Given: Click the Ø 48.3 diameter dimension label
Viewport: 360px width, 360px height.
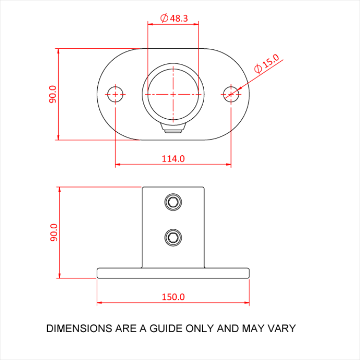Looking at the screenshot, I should pyautogui.click(x=174, y=18).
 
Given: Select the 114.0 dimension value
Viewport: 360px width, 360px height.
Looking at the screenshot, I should pyautogui.click(x=173, y=158).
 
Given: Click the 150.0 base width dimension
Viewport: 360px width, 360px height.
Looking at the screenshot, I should pyautogui.click(x=173, y=297).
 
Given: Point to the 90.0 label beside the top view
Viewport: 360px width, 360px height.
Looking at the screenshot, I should pyautogui.click(x=53, y=94).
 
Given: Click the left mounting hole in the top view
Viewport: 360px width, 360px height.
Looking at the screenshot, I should pyautogui.click(x=115, y=94).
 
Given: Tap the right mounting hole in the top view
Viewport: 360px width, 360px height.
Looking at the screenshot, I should pyautogui.click(x=231, y=94).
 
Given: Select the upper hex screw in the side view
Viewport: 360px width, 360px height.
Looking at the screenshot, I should pyautogui.click(x=173, y=202).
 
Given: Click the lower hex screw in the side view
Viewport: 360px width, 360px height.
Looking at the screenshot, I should pyautogui.click(x=173, y=237).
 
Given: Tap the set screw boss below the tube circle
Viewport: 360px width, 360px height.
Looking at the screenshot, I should pyautogui.click(x=173, y=129).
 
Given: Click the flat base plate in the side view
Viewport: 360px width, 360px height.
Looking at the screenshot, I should pyautogui.click(x=173, y=273).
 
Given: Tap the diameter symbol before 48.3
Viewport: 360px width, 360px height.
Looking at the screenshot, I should pyautogui.click(x=164, y=18).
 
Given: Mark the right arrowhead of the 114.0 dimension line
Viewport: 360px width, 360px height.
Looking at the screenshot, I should pyautogui.click(x=228, y=165).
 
